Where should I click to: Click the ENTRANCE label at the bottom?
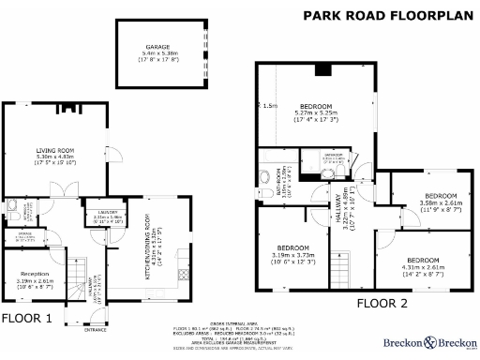point(96,330)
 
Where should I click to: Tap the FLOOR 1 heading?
point(27,319)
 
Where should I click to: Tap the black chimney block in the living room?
point(67,109)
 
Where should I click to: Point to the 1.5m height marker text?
point(270,106)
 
